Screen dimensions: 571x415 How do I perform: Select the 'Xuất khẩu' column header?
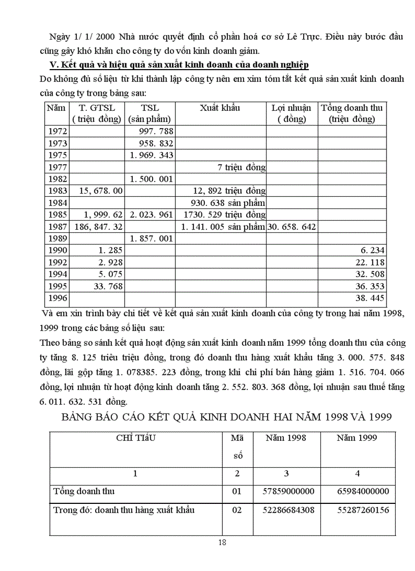click(x=220, y=108)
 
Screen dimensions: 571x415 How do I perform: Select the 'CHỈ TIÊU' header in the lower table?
click(x=136, y=438)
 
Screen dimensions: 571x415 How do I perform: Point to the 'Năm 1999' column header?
click(x=357, y=438)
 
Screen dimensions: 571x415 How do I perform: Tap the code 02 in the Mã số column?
click(x=237, y=510)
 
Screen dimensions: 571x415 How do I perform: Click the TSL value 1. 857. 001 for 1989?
click(x=152, y=238)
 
